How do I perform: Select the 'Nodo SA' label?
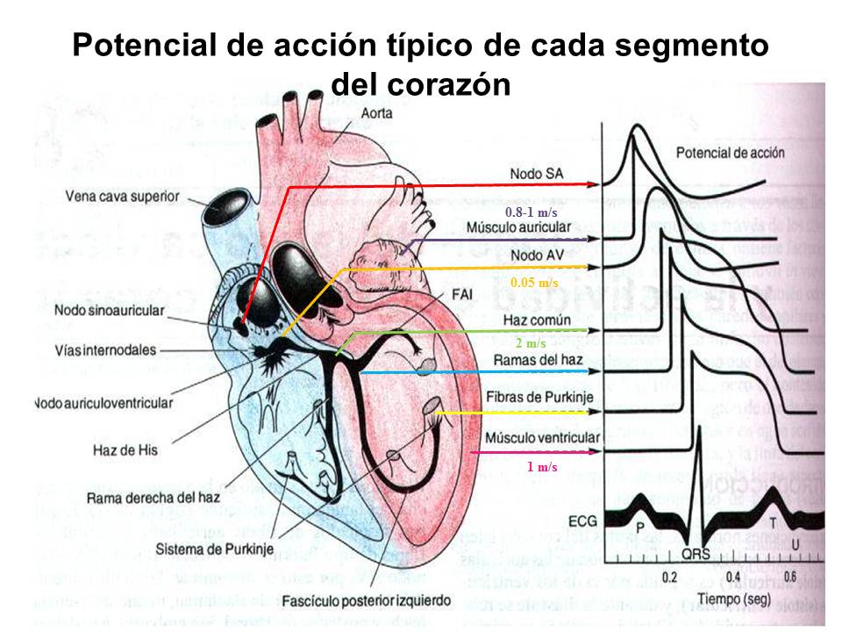(537, 174)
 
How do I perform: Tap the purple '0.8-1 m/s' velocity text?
(531, 212)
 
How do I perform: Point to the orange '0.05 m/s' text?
(534, 283)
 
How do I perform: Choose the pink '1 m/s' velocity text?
(542, 466)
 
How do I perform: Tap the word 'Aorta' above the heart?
(376, 113)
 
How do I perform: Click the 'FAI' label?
(462, 294)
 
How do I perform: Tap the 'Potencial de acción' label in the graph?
(730, 153)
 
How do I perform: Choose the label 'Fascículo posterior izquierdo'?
(367, 603)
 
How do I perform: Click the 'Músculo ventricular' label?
(542, 437)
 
